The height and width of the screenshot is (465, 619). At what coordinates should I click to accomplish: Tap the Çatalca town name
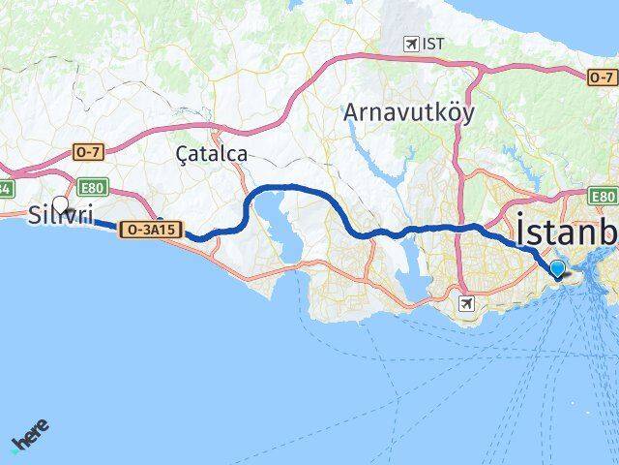(x=212, y=153)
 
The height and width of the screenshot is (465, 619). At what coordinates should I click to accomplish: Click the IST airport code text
(x=432, y=45)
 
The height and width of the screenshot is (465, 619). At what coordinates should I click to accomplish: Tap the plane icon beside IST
(x=413, y=45)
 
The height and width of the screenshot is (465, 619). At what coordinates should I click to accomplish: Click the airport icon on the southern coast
(x=469, y=304)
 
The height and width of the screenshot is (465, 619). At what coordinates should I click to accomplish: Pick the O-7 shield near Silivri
(x=87, y=151)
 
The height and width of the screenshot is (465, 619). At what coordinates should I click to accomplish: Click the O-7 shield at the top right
(x=601, y=78)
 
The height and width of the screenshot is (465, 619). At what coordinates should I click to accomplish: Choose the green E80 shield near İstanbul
(x=604, y=195)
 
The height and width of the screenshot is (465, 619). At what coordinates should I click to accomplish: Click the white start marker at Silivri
(x=61, y=204)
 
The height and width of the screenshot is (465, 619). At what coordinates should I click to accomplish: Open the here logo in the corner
(x=29, y=436)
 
